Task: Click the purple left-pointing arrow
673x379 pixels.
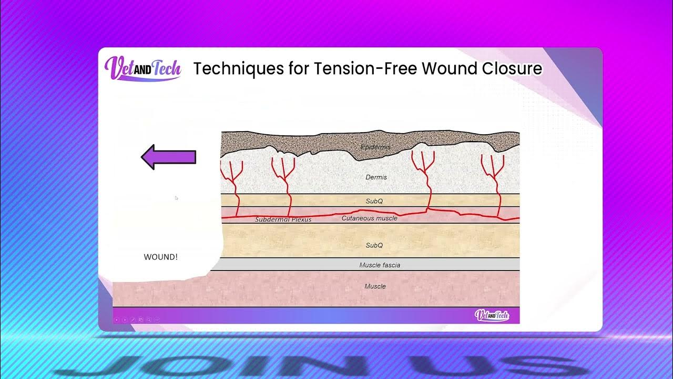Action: point(168,157)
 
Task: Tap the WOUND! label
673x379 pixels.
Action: point(160,257)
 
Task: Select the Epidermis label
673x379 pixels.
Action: point(375,147)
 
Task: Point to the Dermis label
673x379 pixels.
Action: point(376,177)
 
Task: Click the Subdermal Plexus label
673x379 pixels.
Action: point(283,220)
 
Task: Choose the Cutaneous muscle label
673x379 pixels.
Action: point(369,218)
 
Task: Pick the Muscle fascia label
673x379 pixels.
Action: point(379,265)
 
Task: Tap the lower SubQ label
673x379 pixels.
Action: point(374,245)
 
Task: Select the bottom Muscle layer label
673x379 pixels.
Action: point(375,286)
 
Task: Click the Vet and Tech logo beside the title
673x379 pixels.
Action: point(142,68)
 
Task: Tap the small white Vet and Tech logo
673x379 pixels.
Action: point(492,315)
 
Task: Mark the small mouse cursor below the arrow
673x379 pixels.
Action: point(176,198)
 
